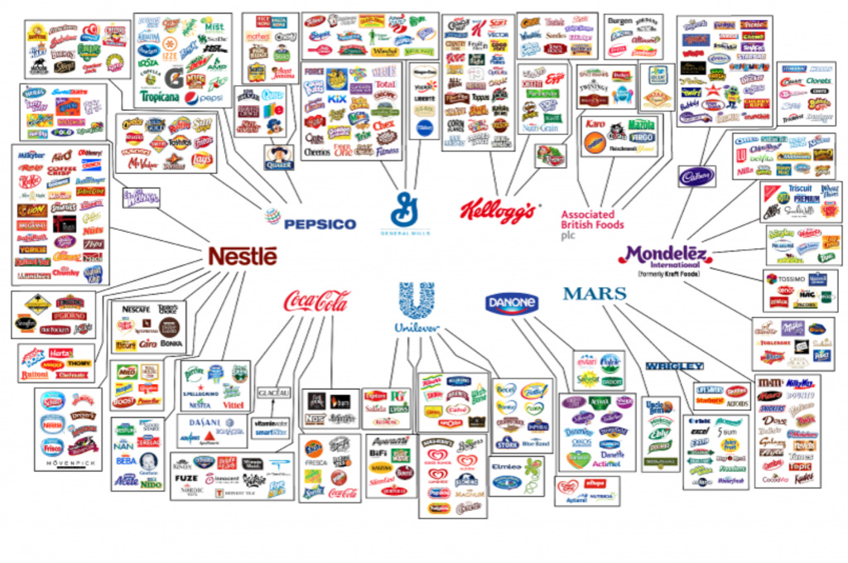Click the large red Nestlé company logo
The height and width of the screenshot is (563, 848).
pyautogui.click(x=242, y=256)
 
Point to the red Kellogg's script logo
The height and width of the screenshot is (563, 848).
pyautogui.click(x=498, y=211)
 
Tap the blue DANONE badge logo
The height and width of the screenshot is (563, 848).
pyautogui.click(x=511, y=305)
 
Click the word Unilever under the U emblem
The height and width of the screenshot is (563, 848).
pyautogui.click(x=417, y=327)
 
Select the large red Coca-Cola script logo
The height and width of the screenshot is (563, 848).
pyautogui.click(x=316, y=301)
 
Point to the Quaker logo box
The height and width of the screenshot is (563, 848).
pyautogui.click(x=279, y=157)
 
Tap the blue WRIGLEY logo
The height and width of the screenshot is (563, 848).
pyautogui.click(x=674, y=366)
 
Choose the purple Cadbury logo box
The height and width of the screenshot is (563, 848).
pyautogui.click(x=697, y=176)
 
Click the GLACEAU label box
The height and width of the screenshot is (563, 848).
pyautogui.click(x=273, y=392)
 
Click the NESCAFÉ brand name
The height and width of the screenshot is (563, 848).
pyautogui.click(x=135, y=309)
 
